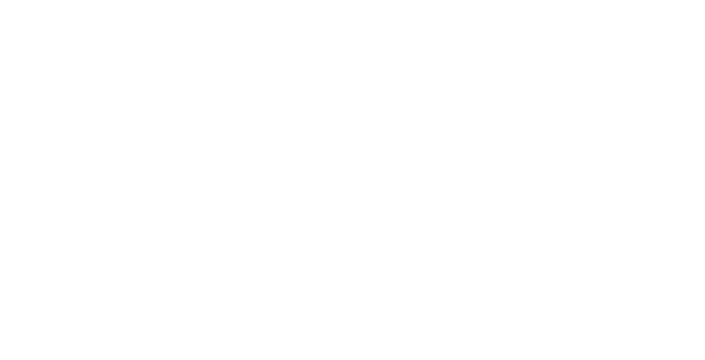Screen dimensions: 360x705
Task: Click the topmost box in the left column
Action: pos(70,16)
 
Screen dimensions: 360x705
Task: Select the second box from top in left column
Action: pos(70,63)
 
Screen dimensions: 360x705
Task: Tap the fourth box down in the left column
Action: pos(70,156)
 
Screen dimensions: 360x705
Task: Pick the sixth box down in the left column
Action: pos(70,250)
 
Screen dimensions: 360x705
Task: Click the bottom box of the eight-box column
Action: pos(72,343)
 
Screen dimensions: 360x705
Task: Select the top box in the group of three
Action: pos(273,134)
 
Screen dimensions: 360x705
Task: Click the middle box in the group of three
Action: pos(273,180)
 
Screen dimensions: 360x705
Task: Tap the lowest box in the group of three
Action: pos(273,226)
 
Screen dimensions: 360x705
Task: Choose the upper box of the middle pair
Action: pos(456,156)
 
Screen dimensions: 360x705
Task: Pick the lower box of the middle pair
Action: pos(456,203)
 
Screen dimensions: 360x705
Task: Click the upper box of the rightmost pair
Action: pos(634,180)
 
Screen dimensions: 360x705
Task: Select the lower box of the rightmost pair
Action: pos(634,226)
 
